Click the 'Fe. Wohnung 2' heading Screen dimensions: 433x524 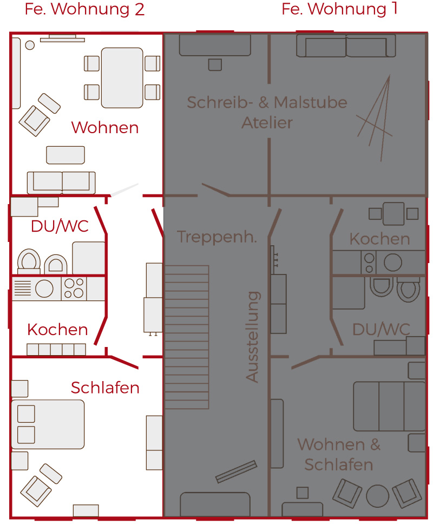pos(84,9)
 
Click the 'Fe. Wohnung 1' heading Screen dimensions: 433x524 pos(339,9)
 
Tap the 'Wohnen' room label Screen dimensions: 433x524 pos(105,127)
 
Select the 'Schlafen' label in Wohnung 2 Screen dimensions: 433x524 pos(105,388)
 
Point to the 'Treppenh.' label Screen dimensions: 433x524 pos(217,237)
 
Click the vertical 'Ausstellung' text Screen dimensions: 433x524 pos(253,337)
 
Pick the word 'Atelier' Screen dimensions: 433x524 pos(267,123)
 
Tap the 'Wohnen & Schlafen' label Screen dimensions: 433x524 pos(339,455)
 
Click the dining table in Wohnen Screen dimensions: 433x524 pos(122,78)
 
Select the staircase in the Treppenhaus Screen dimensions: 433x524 pos(187,337)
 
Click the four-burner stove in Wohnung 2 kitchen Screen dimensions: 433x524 pos(74,288)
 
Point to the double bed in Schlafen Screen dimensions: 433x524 pos(48,424)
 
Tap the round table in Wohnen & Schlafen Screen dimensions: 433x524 pos(378,496)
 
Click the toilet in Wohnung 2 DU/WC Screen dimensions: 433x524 pos(29,261)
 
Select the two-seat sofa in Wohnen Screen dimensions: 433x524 pos(61,182)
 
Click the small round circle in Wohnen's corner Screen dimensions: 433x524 pos(30,45)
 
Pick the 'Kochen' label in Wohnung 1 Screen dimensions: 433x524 pos(379,239)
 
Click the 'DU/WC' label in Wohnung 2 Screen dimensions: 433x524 pos(60,226)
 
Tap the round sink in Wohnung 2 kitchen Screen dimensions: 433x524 pos(44,288)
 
